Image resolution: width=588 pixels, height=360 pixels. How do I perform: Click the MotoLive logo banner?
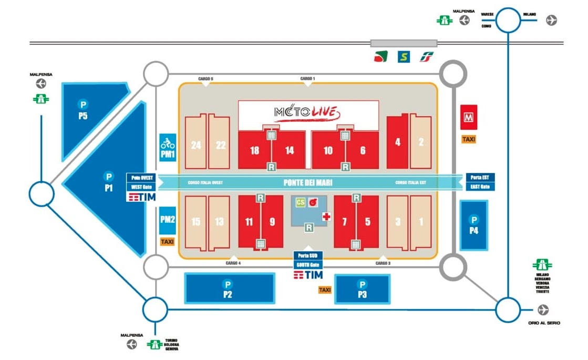click(308, 112)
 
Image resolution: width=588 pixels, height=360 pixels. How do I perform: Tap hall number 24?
click(196, 145)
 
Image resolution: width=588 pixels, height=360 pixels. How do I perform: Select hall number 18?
click(254, 151)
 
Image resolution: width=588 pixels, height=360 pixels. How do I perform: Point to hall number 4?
click(398, 142)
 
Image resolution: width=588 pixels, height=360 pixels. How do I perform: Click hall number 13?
click(219, 222)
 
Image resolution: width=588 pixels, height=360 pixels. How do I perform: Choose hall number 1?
click(420, 222)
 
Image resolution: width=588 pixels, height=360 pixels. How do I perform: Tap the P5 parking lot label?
click(82, 110)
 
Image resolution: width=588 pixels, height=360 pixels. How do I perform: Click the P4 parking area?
click(474, 225)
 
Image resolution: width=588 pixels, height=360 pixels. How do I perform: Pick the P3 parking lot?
click(362, 289)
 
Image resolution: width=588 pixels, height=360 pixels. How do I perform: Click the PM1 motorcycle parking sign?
click(168, 148)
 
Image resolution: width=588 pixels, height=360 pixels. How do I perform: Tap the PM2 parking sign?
click(167, 220)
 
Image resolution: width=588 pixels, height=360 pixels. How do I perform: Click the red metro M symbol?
click(468, 117)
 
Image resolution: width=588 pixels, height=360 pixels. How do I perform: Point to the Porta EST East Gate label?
click(480, 182)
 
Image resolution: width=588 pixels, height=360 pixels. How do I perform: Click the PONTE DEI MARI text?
click(307, 182)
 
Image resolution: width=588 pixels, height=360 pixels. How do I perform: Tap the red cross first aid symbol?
click(326, 217)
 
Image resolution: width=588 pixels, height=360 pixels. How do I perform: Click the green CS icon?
click(300, 202)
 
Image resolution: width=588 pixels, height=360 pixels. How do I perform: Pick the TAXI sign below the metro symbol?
click(468, 139)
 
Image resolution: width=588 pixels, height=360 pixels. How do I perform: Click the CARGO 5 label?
click(205, 79)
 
